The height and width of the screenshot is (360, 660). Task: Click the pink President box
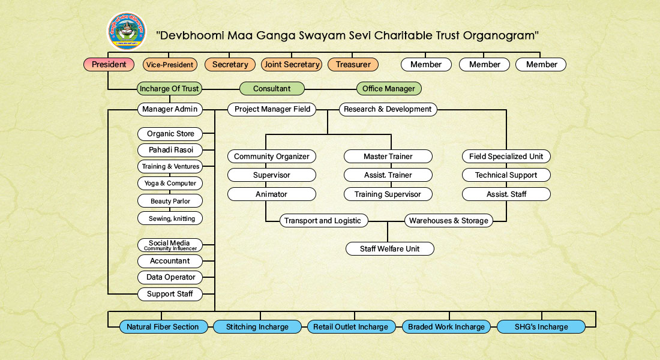coord(108,64)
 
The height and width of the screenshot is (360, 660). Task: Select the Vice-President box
coord(170,64)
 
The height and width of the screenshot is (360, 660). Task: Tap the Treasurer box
coord(353,64)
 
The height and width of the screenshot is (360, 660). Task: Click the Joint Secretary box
coord(291,64)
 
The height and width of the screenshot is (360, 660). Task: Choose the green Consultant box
coord(272,89)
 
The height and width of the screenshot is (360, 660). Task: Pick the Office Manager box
coord(389,89)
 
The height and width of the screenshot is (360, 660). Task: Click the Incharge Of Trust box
coord(169,89)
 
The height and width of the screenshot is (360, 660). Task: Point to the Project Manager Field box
coord(272,109)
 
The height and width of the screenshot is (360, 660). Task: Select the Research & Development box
coord(388,109)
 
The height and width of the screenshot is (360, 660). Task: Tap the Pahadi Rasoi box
coord(170,150)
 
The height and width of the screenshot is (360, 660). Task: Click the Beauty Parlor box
coord(170,201)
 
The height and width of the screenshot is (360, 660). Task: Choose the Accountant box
coord(170,261)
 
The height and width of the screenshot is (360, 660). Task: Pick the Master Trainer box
coord(388,157)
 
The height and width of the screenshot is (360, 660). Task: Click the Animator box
coord(271,194)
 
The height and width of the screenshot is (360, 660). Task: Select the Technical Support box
coord(506,175)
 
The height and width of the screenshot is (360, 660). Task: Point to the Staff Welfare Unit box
coord(389,248)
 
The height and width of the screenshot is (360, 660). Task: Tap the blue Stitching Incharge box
coord(257,327)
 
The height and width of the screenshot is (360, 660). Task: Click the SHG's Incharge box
coord(541,327)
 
